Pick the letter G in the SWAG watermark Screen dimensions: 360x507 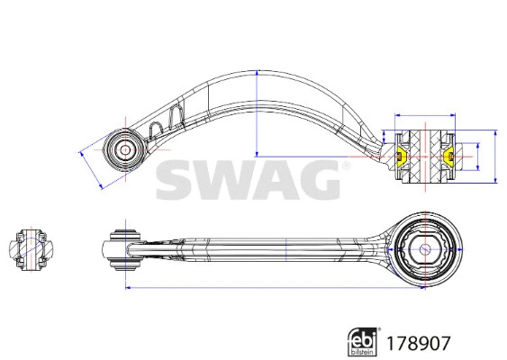tap(316, 179)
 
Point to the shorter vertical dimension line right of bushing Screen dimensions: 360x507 tap(475, 157)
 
